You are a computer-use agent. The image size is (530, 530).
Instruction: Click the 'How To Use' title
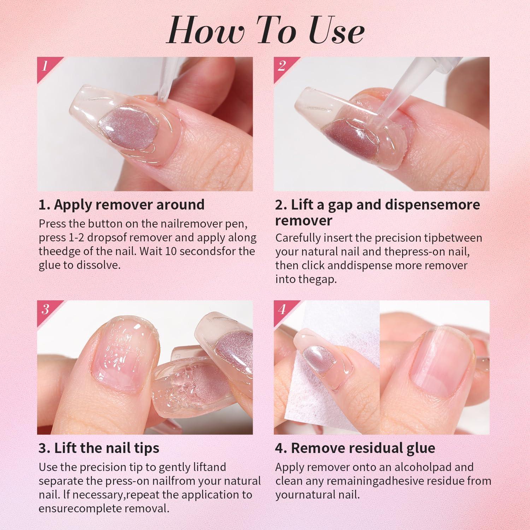pyautogui.click(x=265, y=32)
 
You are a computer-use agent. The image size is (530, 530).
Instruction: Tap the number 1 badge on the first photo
pyautogui.click(x=45, y=66)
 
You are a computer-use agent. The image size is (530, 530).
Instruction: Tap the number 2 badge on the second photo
pyautogui.click(x=281, y=66)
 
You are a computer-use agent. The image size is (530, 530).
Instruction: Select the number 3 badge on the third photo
pyautogui.click(x=45, y=310)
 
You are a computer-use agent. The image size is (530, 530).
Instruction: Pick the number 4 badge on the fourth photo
pyautogui.click(x=282, y=310)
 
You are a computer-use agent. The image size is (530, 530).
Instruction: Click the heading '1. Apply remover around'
pyautogui.click(x=122, y=205)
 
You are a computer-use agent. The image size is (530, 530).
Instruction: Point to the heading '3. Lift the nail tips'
pyautogui.click(x=99, y=448)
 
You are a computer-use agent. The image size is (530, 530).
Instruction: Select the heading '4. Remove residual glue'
pyautogui.click(x=355, y=448)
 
